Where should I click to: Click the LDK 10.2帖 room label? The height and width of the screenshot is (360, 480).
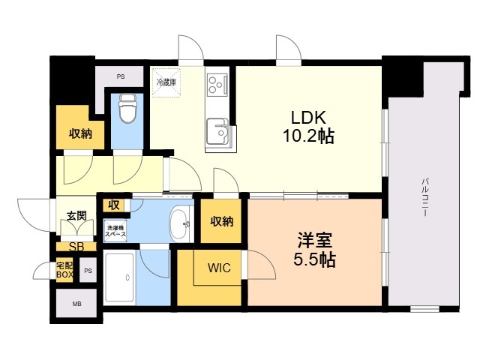pos(308,127)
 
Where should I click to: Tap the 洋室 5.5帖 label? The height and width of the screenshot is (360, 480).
pos(315,250)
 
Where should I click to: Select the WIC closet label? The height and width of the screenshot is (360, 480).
pos(219,268)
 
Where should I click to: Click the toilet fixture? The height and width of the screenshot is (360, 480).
pos(127,108)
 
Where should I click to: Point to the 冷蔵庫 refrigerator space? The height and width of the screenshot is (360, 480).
pos(166,82)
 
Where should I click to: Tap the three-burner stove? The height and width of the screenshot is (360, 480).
pos(217,85)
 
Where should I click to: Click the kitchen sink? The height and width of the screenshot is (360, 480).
pos(217,132)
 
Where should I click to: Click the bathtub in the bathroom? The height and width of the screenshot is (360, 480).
pos(119,277)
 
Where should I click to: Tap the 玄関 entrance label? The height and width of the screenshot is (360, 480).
pos(76,216)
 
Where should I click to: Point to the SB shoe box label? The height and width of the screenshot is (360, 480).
pos(76,247)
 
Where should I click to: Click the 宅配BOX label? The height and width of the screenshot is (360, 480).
pos(65,270)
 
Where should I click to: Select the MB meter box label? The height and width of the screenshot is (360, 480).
pos(76,304)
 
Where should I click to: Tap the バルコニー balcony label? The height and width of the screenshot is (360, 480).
pos(424,197)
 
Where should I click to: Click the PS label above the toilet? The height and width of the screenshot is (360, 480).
pos(121,76)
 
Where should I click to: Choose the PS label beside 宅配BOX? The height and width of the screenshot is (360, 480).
pos(88,271)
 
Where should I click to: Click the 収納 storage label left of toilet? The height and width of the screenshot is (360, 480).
pos(80,133)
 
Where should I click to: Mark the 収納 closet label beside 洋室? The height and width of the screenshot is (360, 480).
pos(222,221)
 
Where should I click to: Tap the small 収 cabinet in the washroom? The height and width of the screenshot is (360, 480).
pos(114,205)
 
